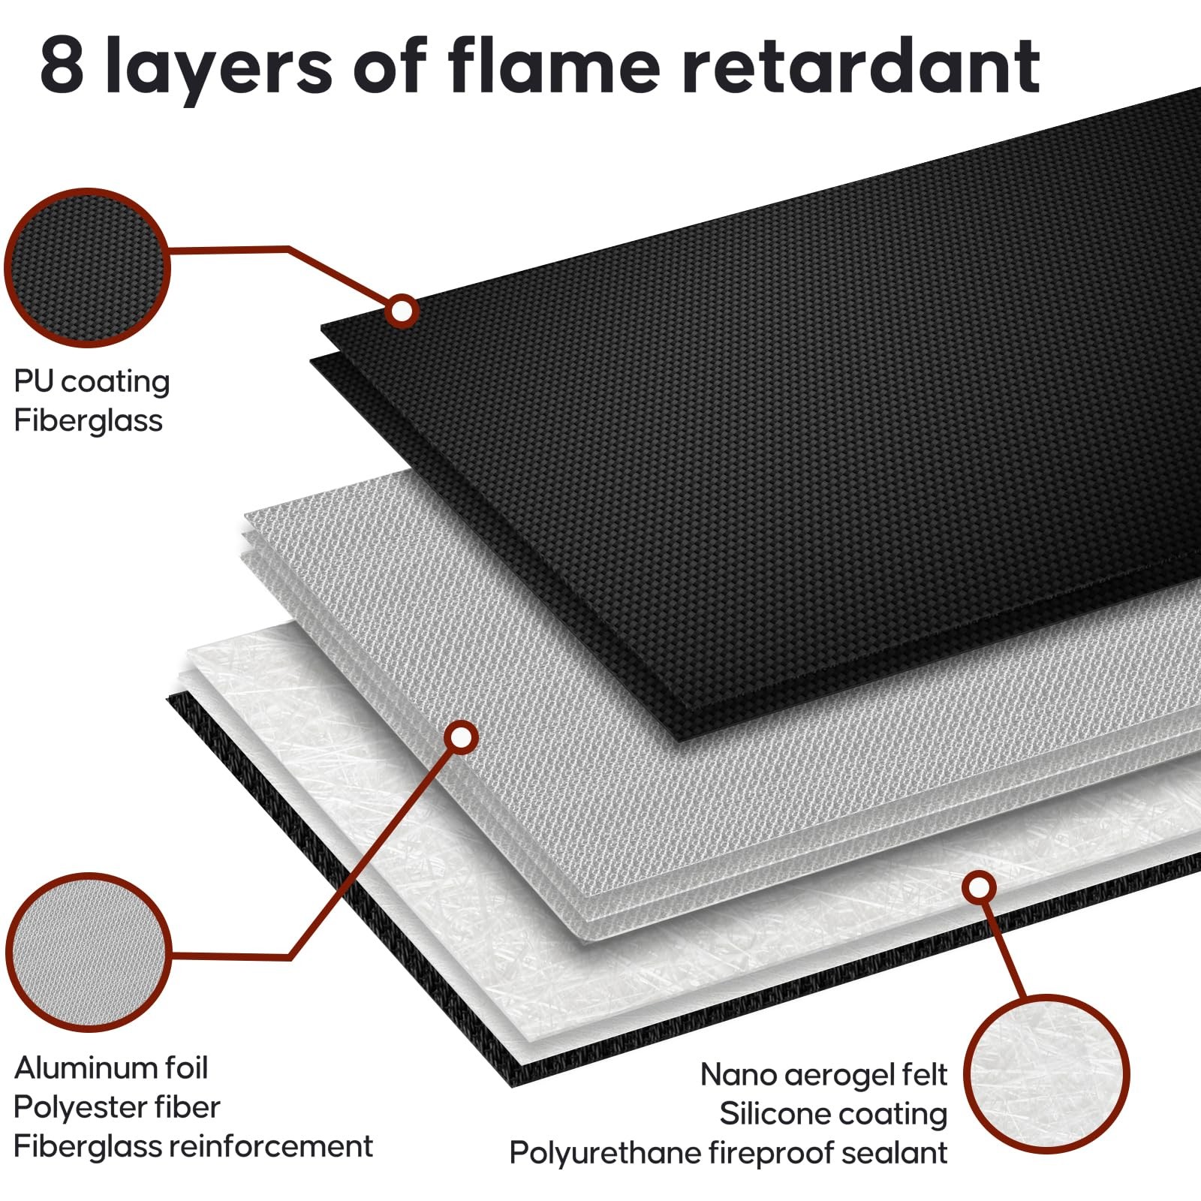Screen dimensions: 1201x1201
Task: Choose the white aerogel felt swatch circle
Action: (x=1046, y=1074)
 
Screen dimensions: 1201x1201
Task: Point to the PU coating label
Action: (x=92, y=382)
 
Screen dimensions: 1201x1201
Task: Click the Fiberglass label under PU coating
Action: (x=88, y=420)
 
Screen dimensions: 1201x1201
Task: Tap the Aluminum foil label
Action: (x=111, y=1067)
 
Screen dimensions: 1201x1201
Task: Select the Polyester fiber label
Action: (x=117, y=1107)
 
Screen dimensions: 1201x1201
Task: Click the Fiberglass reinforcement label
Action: (x=193, y=1146)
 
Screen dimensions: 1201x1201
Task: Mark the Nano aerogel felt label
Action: (x=823, y=1075)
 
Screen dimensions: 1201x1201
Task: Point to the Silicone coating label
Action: (x=833, y=1114)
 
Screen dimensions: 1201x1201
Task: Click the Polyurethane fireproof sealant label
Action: (x=728, y=1153)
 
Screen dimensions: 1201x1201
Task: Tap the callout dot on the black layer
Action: (x=402, y=310)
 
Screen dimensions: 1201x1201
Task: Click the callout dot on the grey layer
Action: (x=462, y=738)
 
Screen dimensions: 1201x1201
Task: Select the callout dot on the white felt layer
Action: (x=979, y=888)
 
